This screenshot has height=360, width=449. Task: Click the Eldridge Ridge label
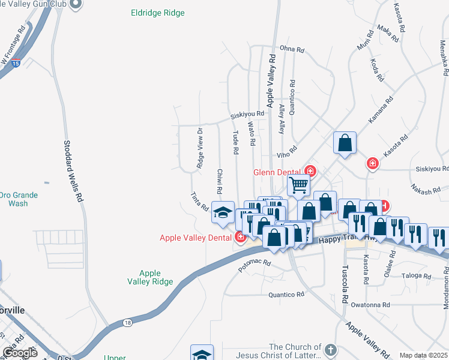pyautogui.click(x=158, y=13)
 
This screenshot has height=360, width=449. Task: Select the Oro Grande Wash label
pyautogui.click(x=18, y=199)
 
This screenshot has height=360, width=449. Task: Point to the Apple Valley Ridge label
pyautogui.click(x=151, y=277)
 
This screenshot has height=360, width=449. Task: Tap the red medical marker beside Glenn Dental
pyautogui.click(x=310, y=171)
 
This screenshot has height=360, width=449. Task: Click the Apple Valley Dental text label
pyautogui.click(x=196, y=238)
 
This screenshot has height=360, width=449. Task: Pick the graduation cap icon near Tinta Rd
pyautogui.click(x=223, y=213)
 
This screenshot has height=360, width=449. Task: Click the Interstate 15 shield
pyautogui.click(x=16, y=62)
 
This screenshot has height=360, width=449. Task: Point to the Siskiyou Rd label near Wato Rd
pyautogui.click(x=247, y=114)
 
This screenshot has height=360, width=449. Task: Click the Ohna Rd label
pyautogui.click(x=293, y=49)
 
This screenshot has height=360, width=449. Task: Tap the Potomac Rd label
pyautogui.click(x=255, y=267)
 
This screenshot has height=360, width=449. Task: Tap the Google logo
pyautogui.click(x=20, y=353)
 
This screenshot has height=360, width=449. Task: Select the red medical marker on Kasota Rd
pyautogui.click(x=373, y=163)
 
